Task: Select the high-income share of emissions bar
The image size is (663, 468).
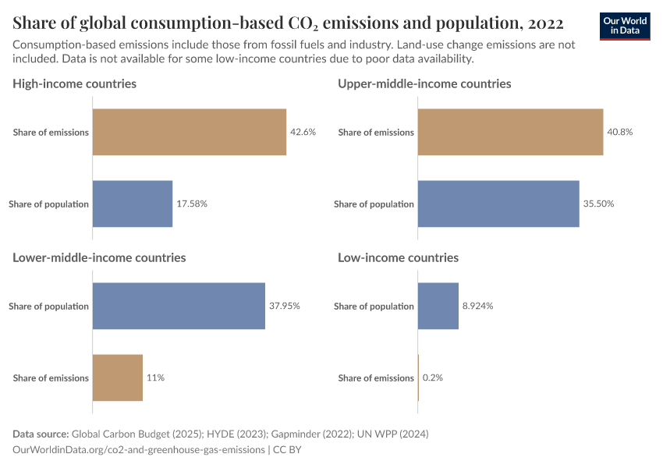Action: (x=190, y=132)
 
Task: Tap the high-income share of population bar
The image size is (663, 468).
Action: (x=133, y=204)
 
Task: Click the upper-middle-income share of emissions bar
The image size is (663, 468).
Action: (x=510, y=132)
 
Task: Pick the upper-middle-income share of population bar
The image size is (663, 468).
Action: (x=498, y=204)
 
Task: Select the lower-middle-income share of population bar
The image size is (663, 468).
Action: (x=179, y=306)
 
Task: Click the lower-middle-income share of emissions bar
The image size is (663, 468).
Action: (x=118, y=378)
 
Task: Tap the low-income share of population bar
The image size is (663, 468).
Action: (x=438, y=306)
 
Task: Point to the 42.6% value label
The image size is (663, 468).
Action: (x=303, y=132)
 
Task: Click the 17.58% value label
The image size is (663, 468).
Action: (x=192, y=204)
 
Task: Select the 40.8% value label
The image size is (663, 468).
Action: (x=619, y=132)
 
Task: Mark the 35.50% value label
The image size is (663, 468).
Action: (x=598, y=204)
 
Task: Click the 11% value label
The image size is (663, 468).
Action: (x=155, y=378)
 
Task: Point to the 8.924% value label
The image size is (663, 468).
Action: (x=477, y=306)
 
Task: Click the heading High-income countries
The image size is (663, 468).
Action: (x=75, y=83)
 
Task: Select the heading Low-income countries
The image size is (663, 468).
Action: (x=398, y=257)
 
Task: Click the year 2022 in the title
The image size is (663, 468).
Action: (x=538, y=21)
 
